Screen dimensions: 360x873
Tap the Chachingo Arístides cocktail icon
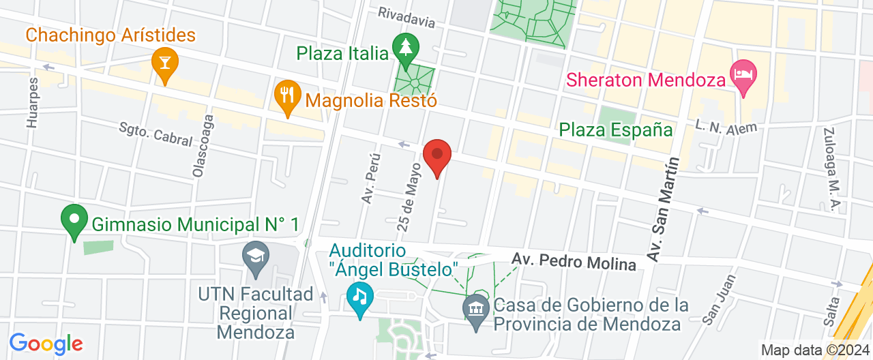click(x=164, y=61)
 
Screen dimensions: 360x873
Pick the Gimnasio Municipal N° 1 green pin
click(x=74, y=220)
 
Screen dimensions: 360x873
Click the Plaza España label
click(x=615, y=130)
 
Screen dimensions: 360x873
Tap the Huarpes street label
click(x=32, y=102)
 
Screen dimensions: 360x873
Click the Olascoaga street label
click(x=203, y=145)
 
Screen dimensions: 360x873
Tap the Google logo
click(x=46, y=344)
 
